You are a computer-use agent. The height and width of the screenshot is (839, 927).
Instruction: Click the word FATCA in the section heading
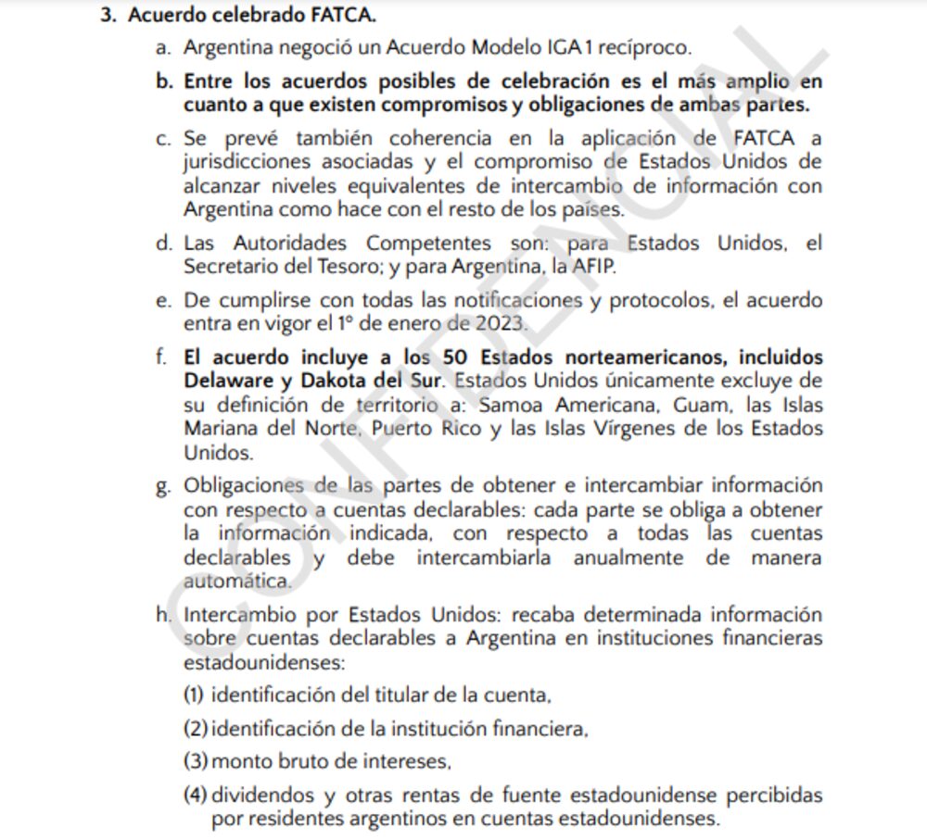pyautogui.click(x=346, y=16)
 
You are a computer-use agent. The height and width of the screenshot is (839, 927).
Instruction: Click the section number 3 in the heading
pyautogui.click(x=107, y=16)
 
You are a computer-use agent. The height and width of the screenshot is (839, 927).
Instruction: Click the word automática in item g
pyautogui.click(x=236, y=582)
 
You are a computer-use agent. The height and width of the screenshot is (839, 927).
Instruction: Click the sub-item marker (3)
pyautogui.click(x=195, y=762)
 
